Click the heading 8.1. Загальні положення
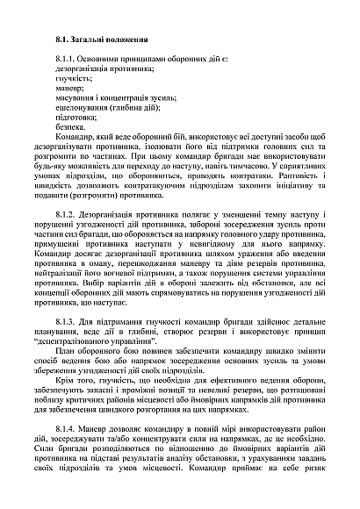pyautogui.click(x=97, y=40)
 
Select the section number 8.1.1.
pyautogui.click(x=67, y=57)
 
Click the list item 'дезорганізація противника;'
pyautogui.click(x=99, y=67)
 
